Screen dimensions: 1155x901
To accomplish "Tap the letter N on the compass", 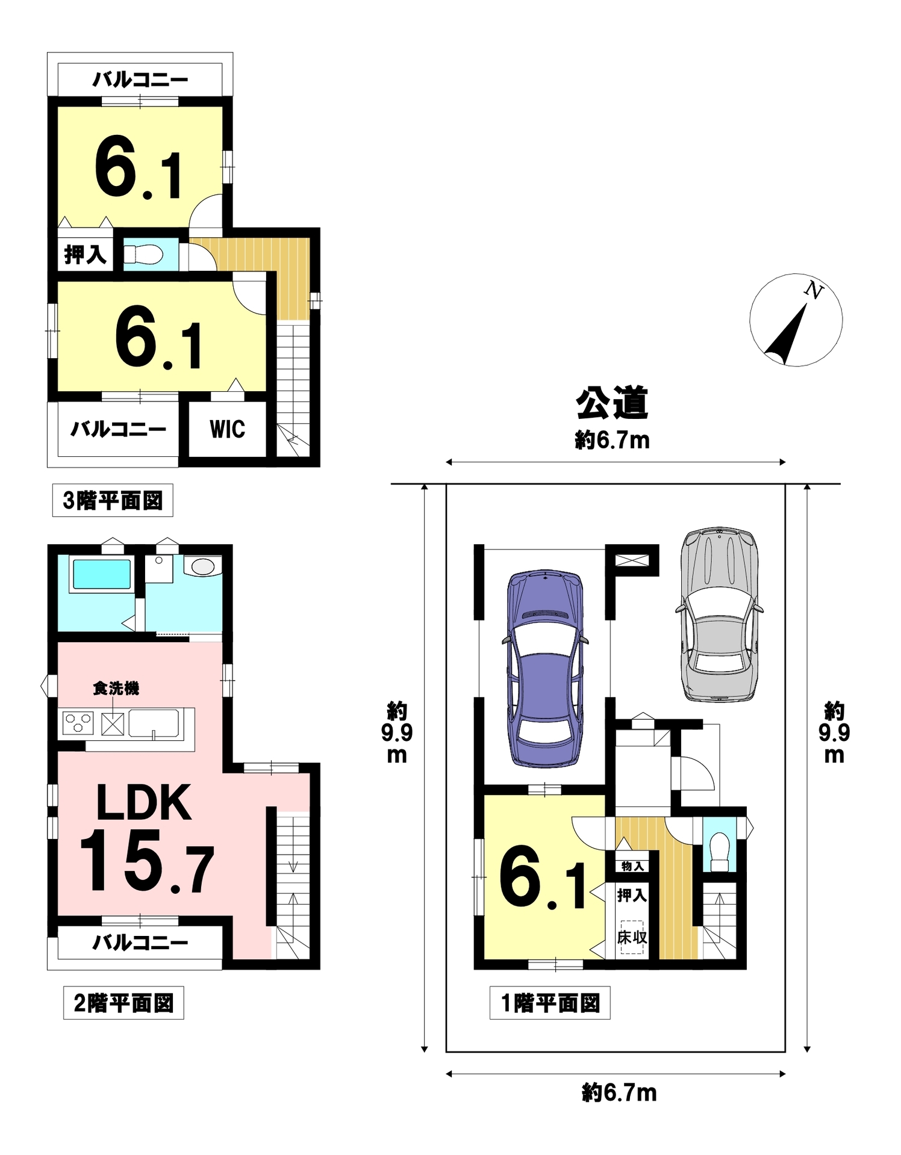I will pyautogui.click(x=814, y=291).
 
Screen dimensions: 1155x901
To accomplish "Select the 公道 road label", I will pyautogui.click(x=612, y=403).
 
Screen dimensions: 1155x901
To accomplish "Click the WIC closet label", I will pyautogui.click(x=227, y=429).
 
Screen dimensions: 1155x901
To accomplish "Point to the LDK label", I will pyautogui.click(x=144, y=802).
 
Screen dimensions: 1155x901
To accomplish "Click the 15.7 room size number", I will pyautogui.click(x=146, y=861).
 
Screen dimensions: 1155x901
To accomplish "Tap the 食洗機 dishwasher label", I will pyautogui.click(x=116, y=688).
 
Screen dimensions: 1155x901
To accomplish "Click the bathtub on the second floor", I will pyautogui.click(x=102, y=574).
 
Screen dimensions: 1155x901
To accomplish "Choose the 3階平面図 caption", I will pyautogui.click(x=113, y=500).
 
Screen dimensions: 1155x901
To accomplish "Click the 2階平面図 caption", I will pyautogui.click(x=123, y=1003).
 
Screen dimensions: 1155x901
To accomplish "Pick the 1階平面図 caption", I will pyautogui.click(x=550, y=1003).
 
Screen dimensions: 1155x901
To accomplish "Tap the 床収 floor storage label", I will pyautogui.click(x=632, y=937).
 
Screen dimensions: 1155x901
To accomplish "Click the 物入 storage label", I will pyautogui.click(x=632, y=865).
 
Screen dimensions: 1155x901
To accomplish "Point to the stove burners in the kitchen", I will pyautogui.click(x=78, y=722).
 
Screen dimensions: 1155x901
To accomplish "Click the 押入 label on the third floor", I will pyautogui.click(x=86, y=255).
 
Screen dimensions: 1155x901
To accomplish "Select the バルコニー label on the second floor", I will pyautogui.click(x=140, y=943).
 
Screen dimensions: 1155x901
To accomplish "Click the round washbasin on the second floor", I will pyautogui.click(x=202, y=566).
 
